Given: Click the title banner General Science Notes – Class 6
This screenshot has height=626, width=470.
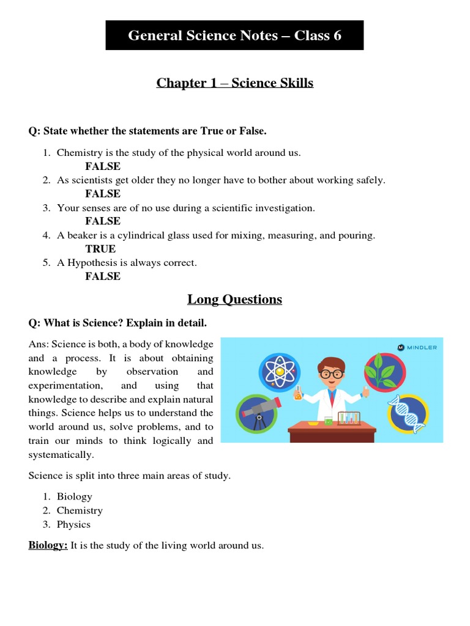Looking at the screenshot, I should (x=234, y=35).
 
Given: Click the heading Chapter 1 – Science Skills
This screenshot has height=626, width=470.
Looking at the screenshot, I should (x=234, y=83).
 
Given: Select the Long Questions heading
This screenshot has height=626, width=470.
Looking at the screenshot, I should (x=234, y=299).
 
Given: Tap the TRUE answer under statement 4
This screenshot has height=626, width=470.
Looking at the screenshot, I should (x=100, y=249).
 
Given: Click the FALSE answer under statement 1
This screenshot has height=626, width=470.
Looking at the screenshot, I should (x=103, y=166).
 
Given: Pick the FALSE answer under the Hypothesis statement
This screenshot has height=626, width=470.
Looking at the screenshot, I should (x=103, y=276).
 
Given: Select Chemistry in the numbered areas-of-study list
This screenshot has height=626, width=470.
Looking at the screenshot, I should (x=80, y=510).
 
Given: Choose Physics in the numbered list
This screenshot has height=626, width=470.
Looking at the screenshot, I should (x=73, y=525).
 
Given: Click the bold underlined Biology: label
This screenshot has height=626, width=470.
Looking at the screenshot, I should (x=48, y=545).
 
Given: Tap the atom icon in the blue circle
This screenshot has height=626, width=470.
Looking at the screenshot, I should (x=280, y=372).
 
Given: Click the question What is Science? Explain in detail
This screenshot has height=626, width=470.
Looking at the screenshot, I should (x=122, y=322).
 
